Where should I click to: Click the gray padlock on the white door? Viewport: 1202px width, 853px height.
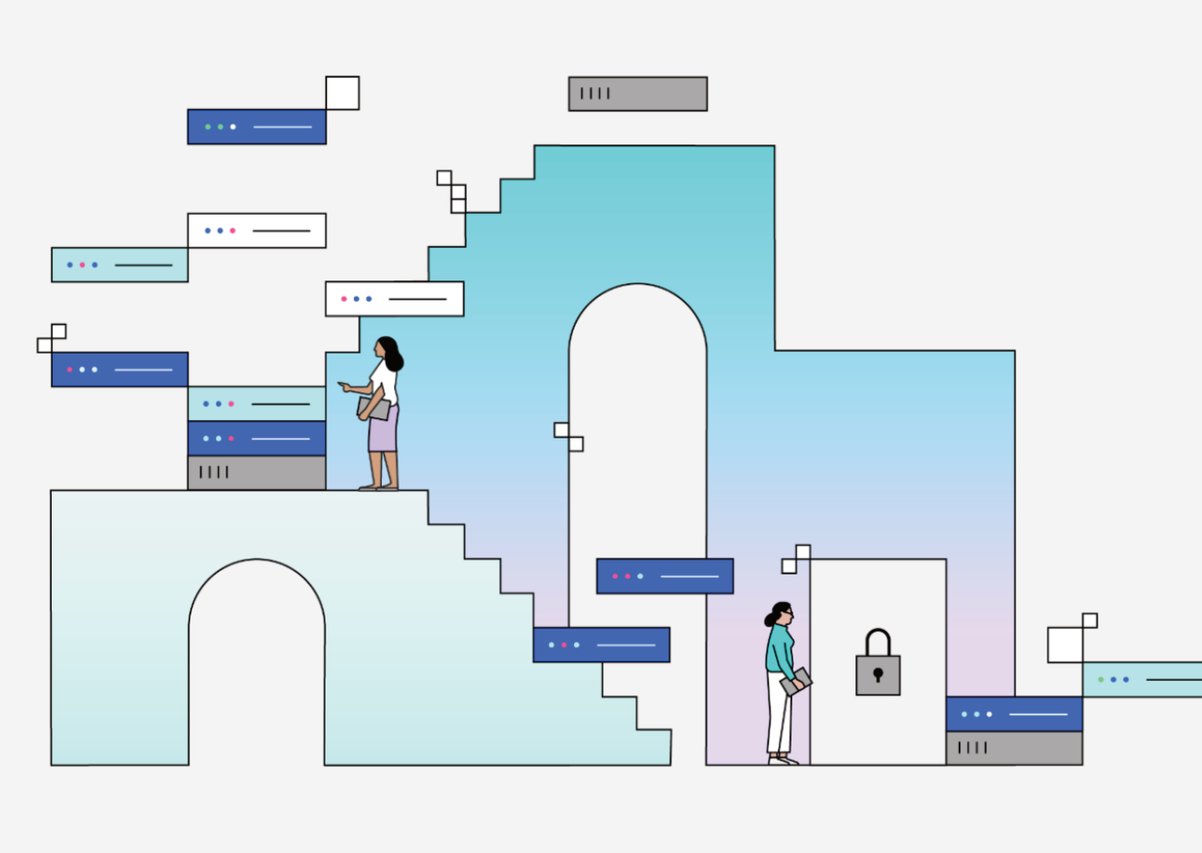pyautogui.click(x=877, y=674)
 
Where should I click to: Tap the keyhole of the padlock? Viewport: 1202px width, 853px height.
pyautogui.click(x=877, y=674)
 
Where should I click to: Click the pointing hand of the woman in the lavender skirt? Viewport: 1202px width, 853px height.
pyautogui.click(x=343, y=386)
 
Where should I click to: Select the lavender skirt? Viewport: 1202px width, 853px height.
pyautogui.click(x=383, y=429)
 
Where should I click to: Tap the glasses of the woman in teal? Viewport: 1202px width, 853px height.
pyautogui.click(x=787, y=612)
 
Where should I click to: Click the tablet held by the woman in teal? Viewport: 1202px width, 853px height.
pyautogui.click(x=796, y=683)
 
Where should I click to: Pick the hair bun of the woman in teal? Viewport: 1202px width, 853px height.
pyautogui.click(x=769, y=619)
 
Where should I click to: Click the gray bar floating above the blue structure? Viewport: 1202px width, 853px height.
pyautogui.click(x=638, y=93)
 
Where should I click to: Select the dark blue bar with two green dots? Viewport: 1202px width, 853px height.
pyautogui.click(x=256, y=127)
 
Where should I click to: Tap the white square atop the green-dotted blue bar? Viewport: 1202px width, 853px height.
pyautogui.click(x=342, y=93)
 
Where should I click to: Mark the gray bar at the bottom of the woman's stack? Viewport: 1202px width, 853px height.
pyautogui.click(x=256, y=473)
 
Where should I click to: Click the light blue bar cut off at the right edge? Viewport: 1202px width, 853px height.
pyautogui.click(x=1142, y=679)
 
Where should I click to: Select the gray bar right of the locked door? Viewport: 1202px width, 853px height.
pyautogui.click(x=1013, y=748)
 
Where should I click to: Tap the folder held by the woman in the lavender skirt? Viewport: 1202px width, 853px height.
pyautogui.click(x=373, y=408)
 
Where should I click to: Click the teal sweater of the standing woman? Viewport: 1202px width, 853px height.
pyautogui.click(x=780, y=648)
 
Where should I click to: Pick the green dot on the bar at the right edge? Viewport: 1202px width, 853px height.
pyautogui.click(x=1100, y=679)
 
